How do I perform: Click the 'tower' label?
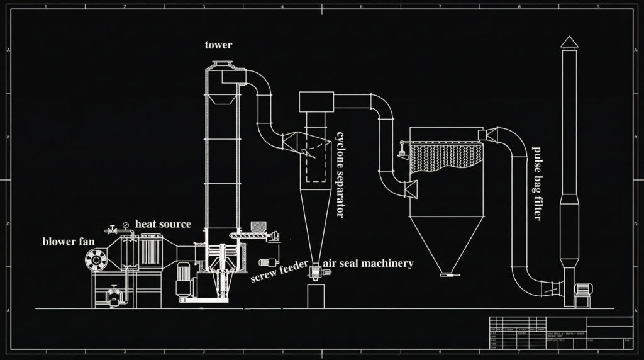[218, 45]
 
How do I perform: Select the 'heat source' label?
[163, 224]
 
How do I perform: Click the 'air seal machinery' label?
[368, 263]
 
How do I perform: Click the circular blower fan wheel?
[97, 258]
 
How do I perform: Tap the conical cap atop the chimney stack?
[569, 42]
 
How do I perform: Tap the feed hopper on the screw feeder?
[258, 225]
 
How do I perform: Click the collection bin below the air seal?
[315, 296]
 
